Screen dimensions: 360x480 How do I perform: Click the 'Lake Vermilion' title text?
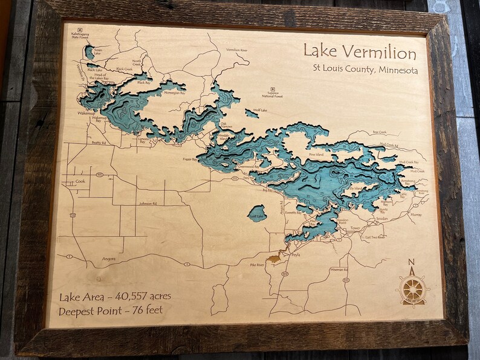(359, 53)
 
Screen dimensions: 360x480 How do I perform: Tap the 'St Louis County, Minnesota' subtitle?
(365, 70)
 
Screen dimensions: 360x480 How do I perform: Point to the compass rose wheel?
(413, 289)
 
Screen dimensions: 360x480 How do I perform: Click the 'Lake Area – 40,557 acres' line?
(115, 296)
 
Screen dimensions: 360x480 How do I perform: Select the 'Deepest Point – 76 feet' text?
(115, 312)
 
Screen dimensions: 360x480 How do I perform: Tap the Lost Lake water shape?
(256, 213)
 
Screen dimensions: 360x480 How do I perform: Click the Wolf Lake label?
(261, 111)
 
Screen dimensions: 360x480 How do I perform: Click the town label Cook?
(80, 181)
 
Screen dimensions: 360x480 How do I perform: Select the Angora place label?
(109, 259)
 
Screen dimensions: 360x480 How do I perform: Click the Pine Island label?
(316, 155)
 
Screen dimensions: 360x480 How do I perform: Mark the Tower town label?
(354, 228)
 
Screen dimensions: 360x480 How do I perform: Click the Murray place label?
(416, 214)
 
